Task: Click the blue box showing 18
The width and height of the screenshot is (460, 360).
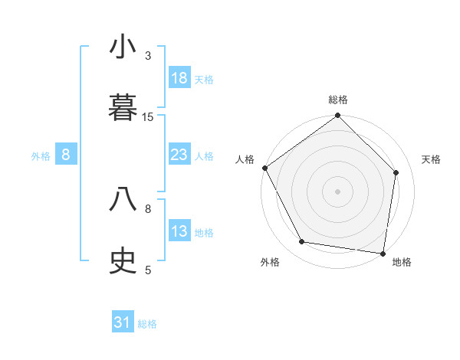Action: (179, 78)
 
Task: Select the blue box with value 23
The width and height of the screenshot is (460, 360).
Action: (179, 155)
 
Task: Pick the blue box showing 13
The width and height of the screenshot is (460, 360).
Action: (179, 231)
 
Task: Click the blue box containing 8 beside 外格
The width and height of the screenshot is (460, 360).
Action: (66, 155)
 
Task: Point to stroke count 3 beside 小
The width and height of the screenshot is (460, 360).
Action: (148, 55)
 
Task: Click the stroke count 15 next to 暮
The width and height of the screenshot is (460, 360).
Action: (148, 116)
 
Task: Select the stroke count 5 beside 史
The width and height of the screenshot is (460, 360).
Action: (148, 270)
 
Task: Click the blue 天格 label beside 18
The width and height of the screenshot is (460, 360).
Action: (204, 80)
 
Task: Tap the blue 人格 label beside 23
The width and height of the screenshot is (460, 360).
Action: (204, 156)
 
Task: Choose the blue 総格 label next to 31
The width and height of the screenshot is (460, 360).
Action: (147, 324)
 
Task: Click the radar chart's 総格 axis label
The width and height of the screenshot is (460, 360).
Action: (338, 100)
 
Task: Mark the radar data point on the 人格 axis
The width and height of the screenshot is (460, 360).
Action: (264, 168)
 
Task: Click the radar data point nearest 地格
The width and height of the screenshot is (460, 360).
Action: (383, 253)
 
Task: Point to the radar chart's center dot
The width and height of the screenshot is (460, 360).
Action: (338, 191)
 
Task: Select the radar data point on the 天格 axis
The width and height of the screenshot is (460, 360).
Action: (396, 172)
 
